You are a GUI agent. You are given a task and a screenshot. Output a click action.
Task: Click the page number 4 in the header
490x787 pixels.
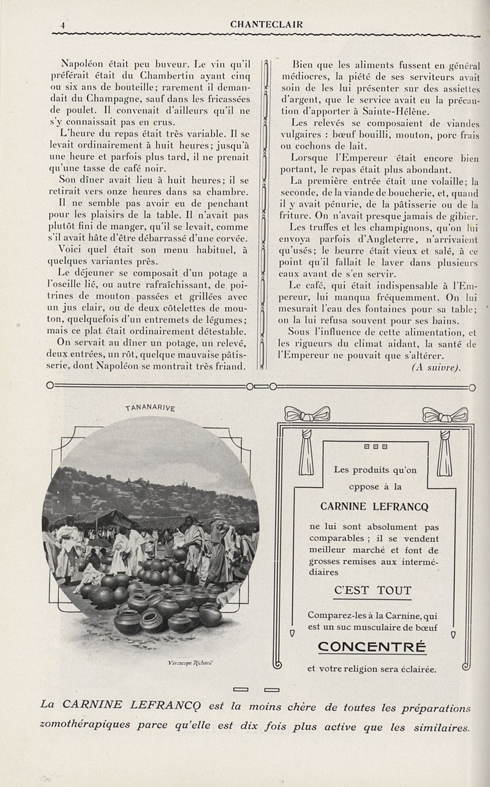[x=62, y=25]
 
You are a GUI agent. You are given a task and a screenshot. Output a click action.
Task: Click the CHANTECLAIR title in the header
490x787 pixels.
[x=266, y=24]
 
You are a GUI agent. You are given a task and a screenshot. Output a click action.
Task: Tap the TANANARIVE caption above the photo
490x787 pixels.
[x=150, y=409]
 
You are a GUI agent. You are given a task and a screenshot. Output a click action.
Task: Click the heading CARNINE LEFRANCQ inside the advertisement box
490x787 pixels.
[x=374, y=506]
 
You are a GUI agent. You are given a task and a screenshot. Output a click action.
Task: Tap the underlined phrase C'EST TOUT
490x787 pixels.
[x=373, y=590]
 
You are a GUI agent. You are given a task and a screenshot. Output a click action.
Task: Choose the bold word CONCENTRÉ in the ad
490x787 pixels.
[x=372, y=646]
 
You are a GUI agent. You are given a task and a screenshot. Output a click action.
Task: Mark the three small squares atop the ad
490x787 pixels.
[x=375, y=446]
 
